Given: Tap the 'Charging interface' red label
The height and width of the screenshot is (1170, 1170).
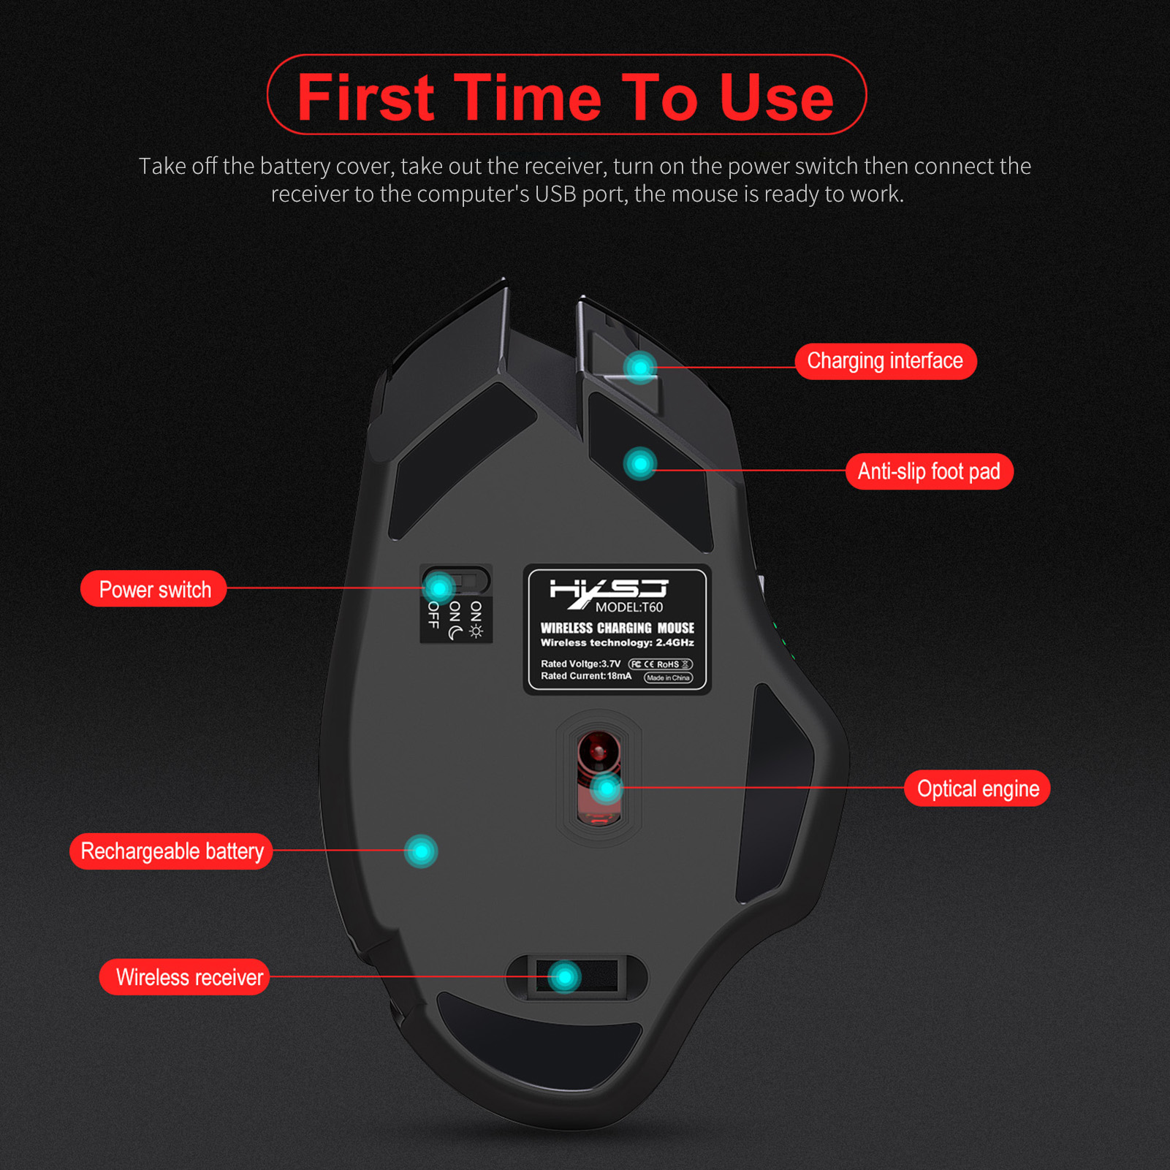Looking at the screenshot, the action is [x=885, y=361].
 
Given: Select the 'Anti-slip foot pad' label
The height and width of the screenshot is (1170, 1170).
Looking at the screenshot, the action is [x=929, y=471].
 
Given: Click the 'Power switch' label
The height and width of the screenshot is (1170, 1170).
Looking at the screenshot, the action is [x=154, y=589].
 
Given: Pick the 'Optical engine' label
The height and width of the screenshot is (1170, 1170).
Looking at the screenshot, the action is [x=977, y=789].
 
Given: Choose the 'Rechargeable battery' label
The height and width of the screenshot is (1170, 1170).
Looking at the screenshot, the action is [x=172, y=851].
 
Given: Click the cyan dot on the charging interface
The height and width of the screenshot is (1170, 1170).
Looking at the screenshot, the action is [x=640, y=367].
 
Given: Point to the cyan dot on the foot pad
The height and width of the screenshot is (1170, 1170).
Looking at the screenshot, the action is [x=640, y=463].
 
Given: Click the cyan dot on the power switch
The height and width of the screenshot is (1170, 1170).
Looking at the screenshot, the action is [x=439, y=588].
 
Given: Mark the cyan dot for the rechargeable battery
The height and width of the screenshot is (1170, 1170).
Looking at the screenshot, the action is [x=421, y=851].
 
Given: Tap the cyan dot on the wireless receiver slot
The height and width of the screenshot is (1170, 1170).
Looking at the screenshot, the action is [x=564, y=976].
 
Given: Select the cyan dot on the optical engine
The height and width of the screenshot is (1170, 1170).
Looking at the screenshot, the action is [x=606, y=789].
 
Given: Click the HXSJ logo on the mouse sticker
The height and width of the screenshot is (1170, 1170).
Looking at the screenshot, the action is [x=609, y=591].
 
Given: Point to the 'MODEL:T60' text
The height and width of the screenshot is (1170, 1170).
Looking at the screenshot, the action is [x=629, y=607].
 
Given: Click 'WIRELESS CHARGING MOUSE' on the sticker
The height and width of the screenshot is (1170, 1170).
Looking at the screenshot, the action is [x=618, y=628].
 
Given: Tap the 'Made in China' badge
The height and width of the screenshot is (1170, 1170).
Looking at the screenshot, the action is [x=668, y=677].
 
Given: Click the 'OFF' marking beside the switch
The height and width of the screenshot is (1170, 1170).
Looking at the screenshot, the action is [x=433, y=615].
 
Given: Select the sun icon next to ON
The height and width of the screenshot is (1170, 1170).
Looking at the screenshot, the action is [x=476, y=631].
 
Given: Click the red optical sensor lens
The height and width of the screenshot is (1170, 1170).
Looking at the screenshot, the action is [x=599, y=751].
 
